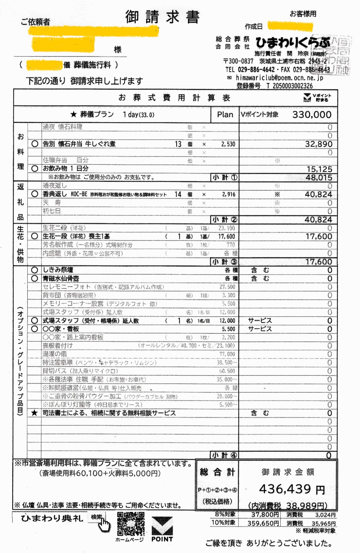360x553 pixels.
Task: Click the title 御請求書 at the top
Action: tap(162, 17)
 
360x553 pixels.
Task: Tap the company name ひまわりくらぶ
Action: tap(292, 43)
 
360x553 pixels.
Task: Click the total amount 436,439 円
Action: tap(291, 489)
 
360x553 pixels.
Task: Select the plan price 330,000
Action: tap(312, 114)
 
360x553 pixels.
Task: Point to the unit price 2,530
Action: tap(228, 144)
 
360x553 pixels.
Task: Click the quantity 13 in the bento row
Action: tap(178, 144)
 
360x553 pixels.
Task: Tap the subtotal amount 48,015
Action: tap(319, 178)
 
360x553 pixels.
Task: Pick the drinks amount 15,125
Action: tap(319, 169)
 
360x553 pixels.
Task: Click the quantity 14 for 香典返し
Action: tap(178, 194)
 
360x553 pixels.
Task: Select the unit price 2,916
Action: tap(229, 194)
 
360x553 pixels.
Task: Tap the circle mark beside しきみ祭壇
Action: tap(35, 270)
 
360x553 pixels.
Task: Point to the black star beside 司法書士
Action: tap(34, 413)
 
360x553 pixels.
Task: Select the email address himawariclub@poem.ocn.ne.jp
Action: tap(279, 78)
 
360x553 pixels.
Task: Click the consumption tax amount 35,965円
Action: tap(323, 523)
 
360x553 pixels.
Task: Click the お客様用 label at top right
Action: tap(303, 14)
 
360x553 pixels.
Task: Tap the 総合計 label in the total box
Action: tap(217, 472)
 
